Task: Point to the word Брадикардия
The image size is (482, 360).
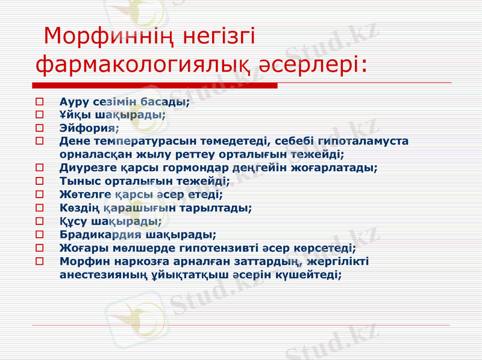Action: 100,234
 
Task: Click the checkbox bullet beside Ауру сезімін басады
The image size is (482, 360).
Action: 40,101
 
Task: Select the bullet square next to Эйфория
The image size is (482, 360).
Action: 40,128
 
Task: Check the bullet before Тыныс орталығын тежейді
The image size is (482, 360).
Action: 40,181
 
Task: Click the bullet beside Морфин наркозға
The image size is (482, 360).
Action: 40,261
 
